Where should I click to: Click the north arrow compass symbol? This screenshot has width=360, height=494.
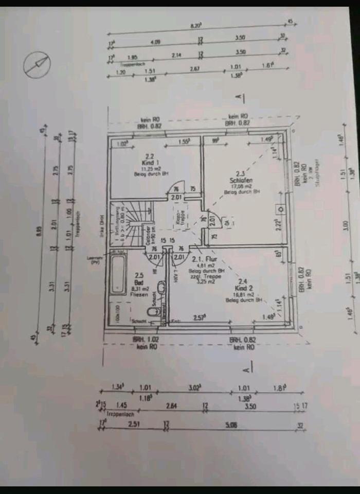coord(37,65)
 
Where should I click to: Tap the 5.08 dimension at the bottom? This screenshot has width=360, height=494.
coord(231,425)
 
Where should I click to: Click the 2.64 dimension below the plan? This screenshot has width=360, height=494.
coord(171,406)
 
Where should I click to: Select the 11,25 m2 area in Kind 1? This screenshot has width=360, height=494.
coord(149,168)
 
